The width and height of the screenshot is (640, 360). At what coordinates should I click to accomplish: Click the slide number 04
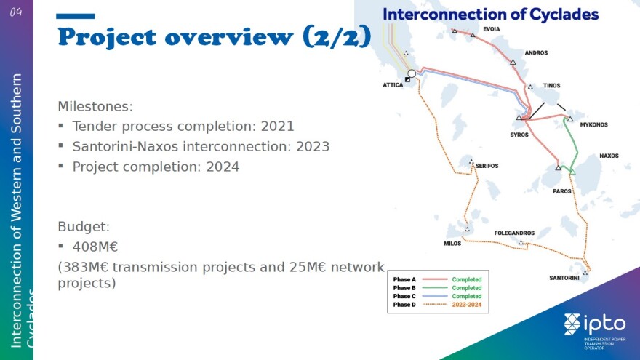pos(16,12)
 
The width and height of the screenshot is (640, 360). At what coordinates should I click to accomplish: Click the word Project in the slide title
pos(107,37)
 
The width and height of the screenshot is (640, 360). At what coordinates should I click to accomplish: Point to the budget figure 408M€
pos(95,247)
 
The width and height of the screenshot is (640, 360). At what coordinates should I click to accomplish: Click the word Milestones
pos(95,106)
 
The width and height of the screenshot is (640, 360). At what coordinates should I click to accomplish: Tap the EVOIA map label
pos(492,29)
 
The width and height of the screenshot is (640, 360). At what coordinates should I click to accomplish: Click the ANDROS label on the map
pos(536,52)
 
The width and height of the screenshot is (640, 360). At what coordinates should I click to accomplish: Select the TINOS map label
pos(551,85)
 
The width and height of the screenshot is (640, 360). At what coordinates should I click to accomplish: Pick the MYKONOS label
pos(594,124)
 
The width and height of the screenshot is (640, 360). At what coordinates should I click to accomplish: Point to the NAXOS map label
pos(609,156)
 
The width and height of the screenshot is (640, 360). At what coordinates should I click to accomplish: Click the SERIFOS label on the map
pos(487,166)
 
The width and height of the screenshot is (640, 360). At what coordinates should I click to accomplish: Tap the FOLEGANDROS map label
pos(514,233)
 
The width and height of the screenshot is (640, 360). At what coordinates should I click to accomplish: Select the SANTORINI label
pos(564,278)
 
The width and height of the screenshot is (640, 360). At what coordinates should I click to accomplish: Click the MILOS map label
pos(452,243)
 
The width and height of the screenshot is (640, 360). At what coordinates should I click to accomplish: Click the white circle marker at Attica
pos(412,73)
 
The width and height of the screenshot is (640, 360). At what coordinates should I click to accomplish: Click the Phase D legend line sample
pos(435,305)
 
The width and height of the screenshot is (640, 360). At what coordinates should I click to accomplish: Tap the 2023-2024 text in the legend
pos(466,305)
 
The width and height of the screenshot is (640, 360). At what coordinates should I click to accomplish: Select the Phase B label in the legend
pos(404,288)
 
